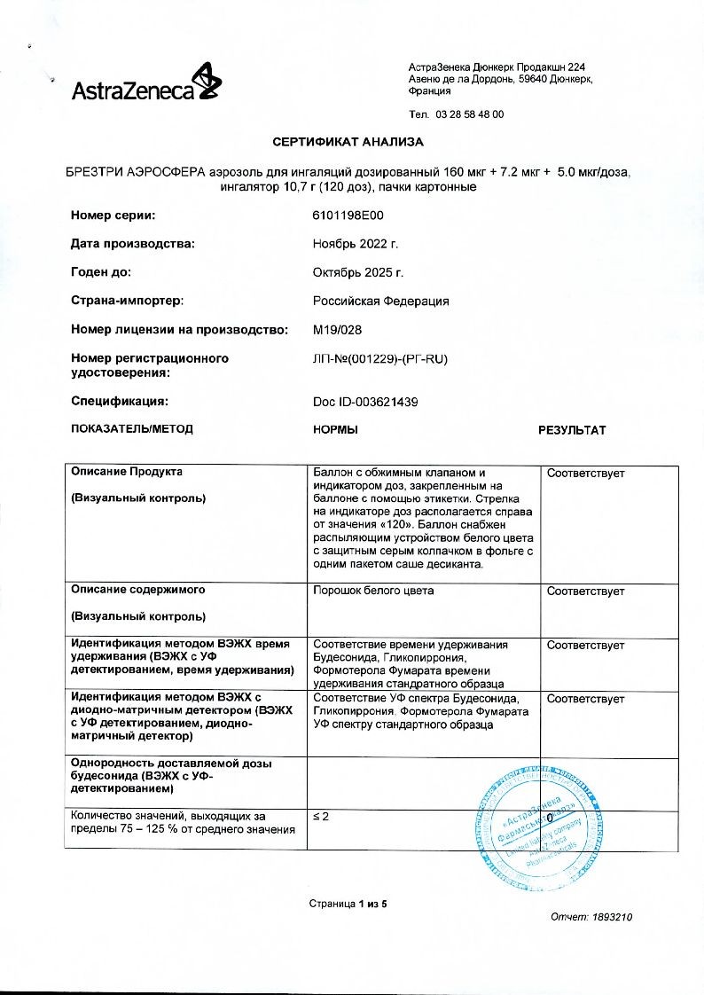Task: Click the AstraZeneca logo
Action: coord(146,84)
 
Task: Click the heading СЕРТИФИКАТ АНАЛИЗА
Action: coord(348,142)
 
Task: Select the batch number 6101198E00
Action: coord(348,215)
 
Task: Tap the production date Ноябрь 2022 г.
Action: coord(356,244)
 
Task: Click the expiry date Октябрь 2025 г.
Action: coord(359,272)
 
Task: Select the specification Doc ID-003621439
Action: coord(365,402)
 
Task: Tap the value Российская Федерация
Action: coord(381,301)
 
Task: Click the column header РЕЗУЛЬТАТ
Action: coord(572,430)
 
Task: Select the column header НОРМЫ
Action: coord(336,430)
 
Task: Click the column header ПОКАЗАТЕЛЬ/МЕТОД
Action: coord(131,429)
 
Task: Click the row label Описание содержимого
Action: coord(137,590)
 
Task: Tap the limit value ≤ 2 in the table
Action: coord(321,816)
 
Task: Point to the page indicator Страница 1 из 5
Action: coord(348,904)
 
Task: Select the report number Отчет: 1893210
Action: coord(591,918)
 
